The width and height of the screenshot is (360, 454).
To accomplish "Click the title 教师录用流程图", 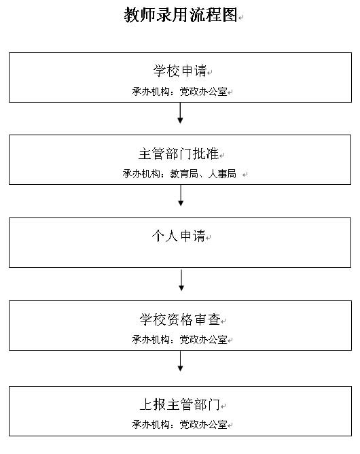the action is click(x=181, y=15).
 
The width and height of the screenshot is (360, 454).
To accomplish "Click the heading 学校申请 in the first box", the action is click(x=180, y=71).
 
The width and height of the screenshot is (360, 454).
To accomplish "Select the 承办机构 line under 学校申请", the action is click(x=180, y=92).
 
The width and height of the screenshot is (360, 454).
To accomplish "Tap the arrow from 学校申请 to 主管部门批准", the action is click(x=180, y=113).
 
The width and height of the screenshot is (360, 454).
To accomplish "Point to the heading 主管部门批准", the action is click(x=179, y=154).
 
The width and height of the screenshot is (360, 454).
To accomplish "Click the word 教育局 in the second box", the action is click(x=184, y=174).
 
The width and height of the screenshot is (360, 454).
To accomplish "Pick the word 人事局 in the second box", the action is click(x=222, y=174).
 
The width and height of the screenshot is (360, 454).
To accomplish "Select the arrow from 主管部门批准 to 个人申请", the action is click(x=181, y=196).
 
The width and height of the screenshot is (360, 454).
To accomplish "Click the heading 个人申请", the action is click(x=179, y=236).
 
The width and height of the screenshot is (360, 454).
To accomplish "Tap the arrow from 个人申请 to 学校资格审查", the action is click(x=181, y=280).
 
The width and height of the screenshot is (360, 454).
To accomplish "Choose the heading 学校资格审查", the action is click(x=180, y=319).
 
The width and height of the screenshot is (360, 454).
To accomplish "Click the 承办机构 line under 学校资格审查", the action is click(x=180, y=339).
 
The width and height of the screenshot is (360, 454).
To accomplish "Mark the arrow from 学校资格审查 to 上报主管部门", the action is click(x=180, y=361).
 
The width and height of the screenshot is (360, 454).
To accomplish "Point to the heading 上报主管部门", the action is click(x=180, y=404).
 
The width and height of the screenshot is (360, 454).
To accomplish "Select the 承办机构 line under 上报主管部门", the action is click(x=180, y=425).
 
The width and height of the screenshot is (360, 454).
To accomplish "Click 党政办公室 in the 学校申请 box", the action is click(x=204, y=92).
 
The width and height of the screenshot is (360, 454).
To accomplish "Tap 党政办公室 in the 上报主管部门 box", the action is click(x=204, y=425).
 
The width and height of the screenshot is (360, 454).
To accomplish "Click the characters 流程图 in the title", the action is click(x=213, y=15).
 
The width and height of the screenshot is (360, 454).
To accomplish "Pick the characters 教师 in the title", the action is click(x=140, y=15).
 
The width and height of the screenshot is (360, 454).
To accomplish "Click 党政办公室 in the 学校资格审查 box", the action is click(x=204, y=339).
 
